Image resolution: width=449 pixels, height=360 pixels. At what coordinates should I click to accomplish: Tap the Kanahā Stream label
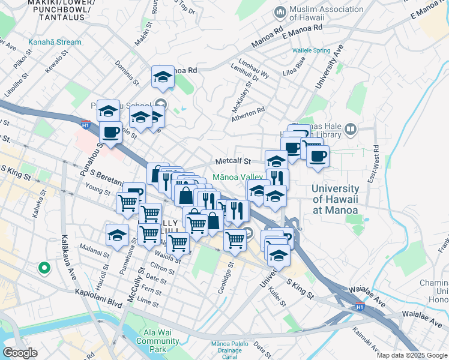(x=54, y=42)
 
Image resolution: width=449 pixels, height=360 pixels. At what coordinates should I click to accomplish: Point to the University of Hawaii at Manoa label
(x=336, y=199)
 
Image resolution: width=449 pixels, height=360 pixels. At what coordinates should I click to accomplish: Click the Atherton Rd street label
(x=249, y=114)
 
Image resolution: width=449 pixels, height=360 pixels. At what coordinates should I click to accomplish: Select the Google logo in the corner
(x=20, y=352)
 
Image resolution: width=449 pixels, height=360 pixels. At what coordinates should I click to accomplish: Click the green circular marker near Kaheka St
(x=43, y=268)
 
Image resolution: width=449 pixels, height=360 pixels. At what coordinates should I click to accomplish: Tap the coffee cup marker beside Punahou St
(x=110, y=131)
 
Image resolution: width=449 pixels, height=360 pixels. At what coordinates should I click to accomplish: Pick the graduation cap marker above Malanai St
(x=117, y=235)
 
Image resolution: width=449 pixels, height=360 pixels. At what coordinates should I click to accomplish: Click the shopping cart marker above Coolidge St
(x=235, y=239)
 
